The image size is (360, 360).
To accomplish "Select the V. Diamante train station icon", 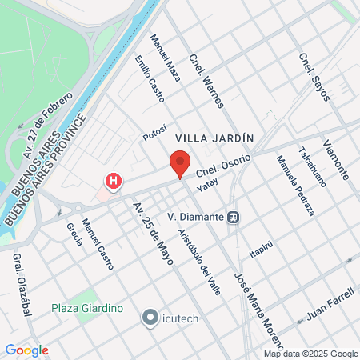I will click(x=233, y=217).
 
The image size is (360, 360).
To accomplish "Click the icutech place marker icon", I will click(x=149, y=318).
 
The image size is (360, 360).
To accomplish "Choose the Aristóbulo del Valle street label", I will click(x=198, y=262).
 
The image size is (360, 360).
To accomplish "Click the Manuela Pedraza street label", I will click(x=295, y=186).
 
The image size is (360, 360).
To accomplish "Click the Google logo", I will click(x=26, y=350).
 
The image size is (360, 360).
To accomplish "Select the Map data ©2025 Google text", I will click(x=311, y=354).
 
